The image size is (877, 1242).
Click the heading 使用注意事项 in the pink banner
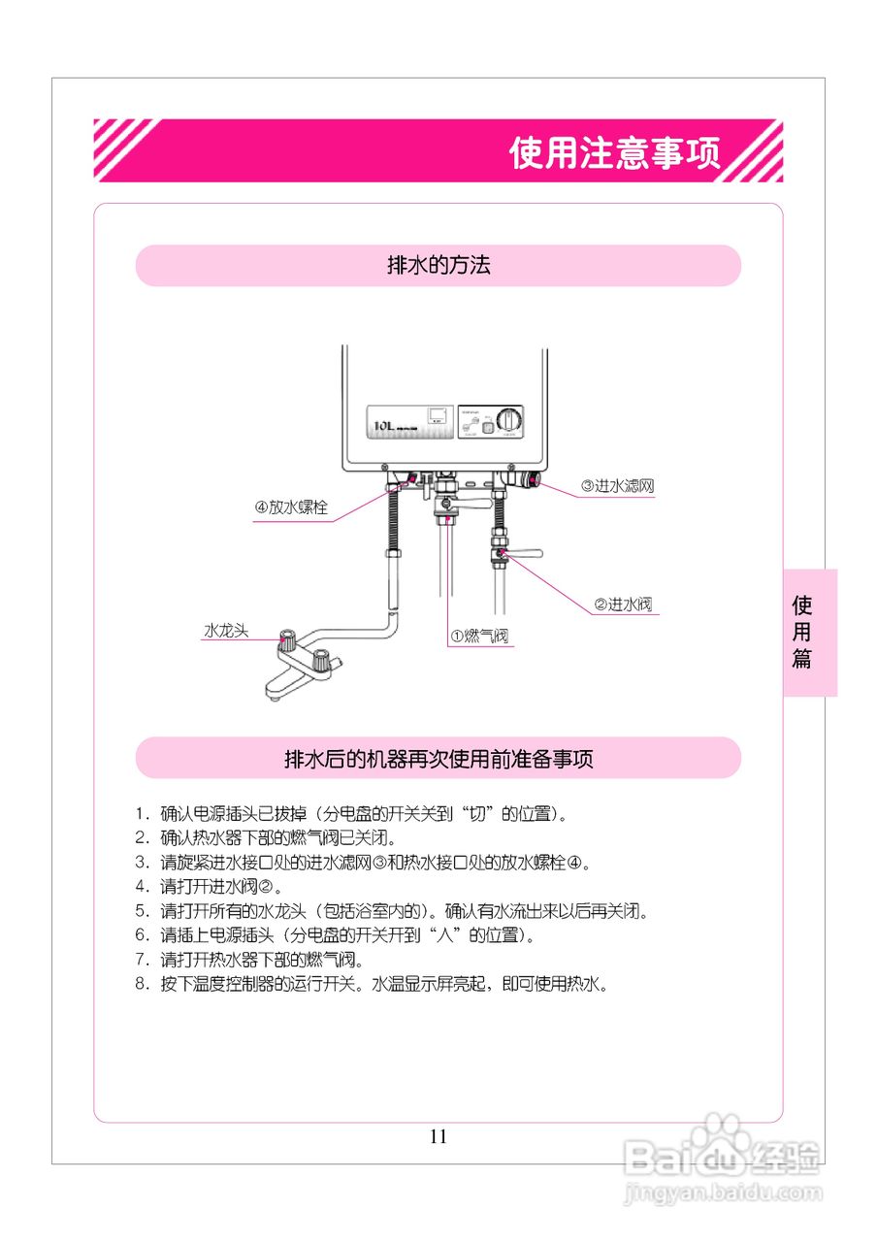coord(615,153)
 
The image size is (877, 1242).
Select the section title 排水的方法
coord(438,266)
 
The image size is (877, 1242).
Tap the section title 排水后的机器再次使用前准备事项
coord(438,759)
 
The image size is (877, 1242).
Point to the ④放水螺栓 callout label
coord(291,508)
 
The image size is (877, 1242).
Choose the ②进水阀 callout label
coord(622,605)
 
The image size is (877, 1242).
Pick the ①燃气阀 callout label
coord(478,637)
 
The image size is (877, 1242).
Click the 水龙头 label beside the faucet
coord(225,630)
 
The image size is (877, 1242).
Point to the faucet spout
coord(276,691)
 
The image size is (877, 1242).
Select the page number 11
coord(438,1136)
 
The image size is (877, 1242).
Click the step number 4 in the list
coord(141,886)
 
